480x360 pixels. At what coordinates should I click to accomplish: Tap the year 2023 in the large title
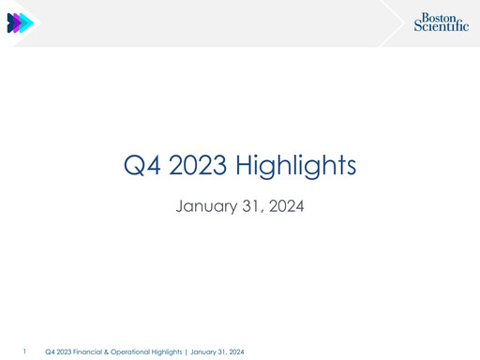point(200,166)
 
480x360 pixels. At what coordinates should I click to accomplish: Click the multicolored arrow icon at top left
point(20,23)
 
